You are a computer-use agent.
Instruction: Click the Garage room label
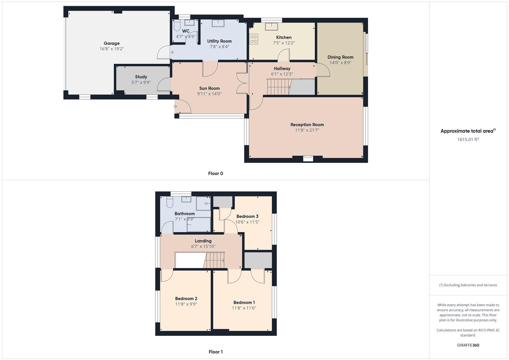point(111,43)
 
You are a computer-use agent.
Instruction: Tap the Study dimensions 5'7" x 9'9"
point(141,82)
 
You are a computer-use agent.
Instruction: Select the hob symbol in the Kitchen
point(253,39)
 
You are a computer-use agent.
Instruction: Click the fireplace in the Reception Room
point(308,158)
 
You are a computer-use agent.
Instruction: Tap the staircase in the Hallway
point(279,87)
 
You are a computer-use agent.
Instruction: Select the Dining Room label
point(340,57)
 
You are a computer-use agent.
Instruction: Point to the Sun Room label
point(209,88)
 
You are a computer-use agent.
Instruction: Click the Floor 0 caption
point(215,173)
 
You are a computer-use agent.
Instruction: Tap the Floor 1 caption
point(215,352)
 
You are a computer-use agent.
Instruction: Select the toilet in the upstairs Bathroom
point(169,202)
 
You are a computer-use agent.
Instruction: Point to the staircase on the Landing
point(215,260)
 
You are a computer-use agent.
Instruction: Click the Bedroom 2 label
point(186,299)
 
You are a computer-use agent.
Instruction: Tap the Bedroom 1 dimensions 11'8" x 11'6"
point(244,308)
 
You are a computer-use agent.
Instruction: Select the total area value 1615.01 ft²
point(468,139)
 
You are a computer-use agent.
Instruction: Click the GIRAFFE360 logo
point(468,345)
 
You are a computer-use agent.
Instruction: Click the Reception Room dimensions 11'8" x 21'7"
point(307,130)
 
